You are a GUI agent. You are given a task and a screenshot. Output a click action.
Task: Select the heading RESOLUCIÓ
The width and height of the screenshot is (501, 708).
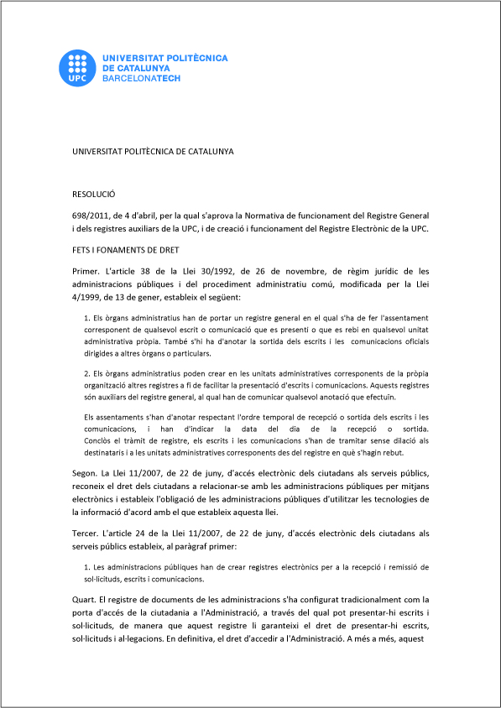pyautogui.click(x=94, y=193)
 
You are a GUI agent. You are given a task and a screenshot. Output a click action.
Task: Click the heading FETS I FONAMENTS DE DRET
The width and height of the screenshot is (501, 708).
pyautogui.click(x=126, y=249)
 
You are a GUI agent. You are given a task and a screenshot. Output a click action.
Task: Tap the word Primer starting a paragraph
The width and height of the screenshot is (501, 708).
pyautogui.click(x=87, y=271)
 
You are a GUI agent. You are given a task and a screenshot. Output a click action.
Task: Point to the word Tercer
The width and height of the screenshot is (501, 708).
pyautogui.click(x=87, y=533)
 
